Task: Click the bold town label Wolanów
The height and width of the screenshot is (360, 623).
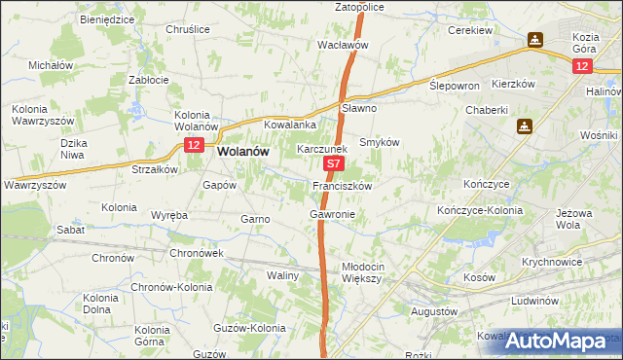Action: pos(243,152)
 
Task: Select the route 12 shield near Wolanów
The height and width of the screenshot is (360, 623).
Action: pos(194,145)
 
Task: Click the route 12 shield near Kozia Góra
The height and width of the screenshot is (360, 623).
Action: pos(581,65)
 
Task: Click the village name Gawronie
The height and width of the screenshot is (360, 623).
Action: pos(332,213)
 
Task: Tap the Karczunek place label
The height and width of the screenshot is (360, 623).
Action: pos(322,150)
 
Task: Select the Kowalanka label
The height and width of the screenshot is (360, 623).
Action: pos(290,125)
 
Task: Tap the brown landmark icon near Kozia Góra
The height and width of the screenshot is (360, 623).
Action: pos(535,40)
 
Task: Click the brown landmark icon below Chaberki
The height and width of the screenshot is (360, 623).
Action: pos(525,126)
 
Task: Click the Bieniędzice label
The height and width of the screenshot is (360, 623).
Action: pos(108,18)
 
